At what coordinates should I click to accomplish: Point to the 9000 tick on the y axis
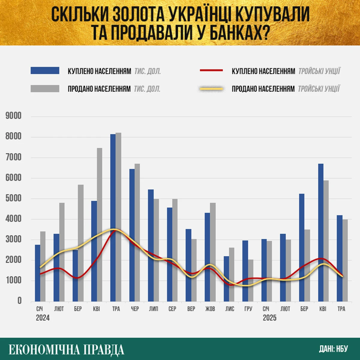pyautogui.click(x=13, y=116)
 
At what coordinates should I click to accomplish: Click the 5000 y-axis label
pyautogui.click(x=13, y=199)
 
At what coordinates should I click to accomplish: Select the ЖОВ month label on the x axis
pyautogui.click(x=210, y=309)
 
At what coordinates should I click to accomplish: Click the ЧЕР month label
pyautogui.click(x=135, y=309)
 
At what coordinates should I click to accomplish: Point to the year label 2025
pyautogui.click(x=269, y=318)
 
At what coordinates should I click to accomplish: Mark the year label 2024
pyautogui.click(x=43, y=318)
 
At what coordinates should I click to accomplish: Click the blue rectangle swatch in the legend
pyautogui.click(x=45, y=71)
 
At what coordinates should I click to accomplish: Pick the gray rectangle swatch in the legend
pyautogui.click(x=45, y=88)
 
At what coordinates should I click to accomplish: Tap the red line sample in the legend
pyautogui.click(x=211, y=70)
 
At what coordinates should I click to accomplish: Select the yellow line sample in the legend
pyautogui.click(x=211, y=88)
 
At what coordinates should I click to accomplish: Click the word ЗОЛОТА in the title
pyautogui.click(x=139, y=14)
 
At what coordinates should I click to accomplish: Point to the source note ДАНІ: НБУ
pyautogui.click(x=333, y=349)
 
